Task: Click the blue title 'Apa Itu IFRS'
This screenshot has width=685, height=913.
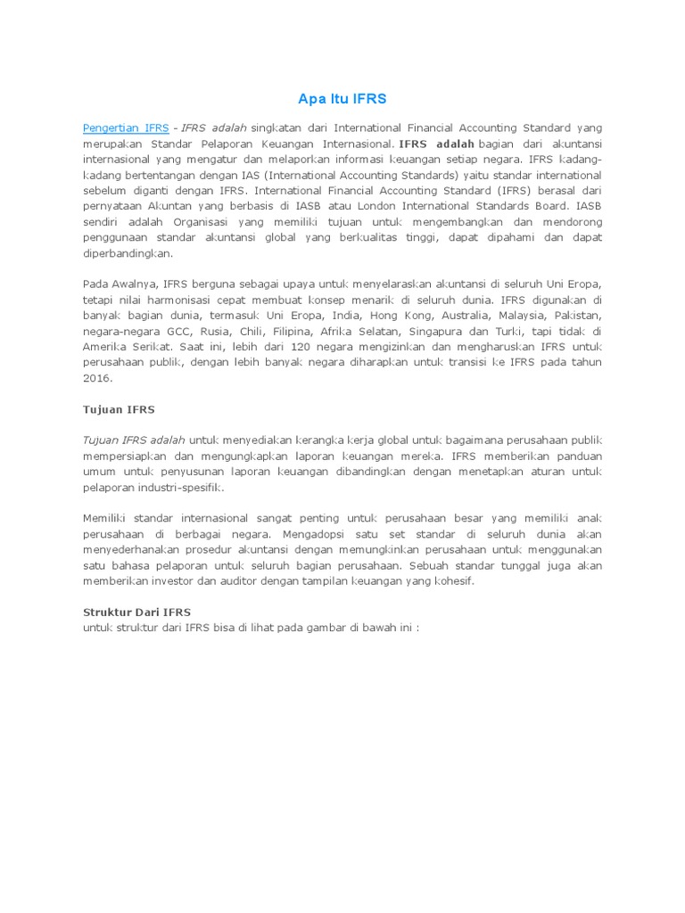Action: [342, 98]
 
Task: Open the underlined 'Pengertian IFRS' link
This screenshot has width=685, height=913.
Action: [126, 127]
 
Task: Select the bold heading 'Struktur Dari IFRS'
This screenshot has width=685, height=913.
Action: [136, 613]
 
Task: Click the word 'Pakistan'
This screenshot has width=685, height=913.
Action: [579, 316]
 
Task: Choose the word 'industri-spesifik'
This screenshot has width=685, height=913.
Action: [179, 488]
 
